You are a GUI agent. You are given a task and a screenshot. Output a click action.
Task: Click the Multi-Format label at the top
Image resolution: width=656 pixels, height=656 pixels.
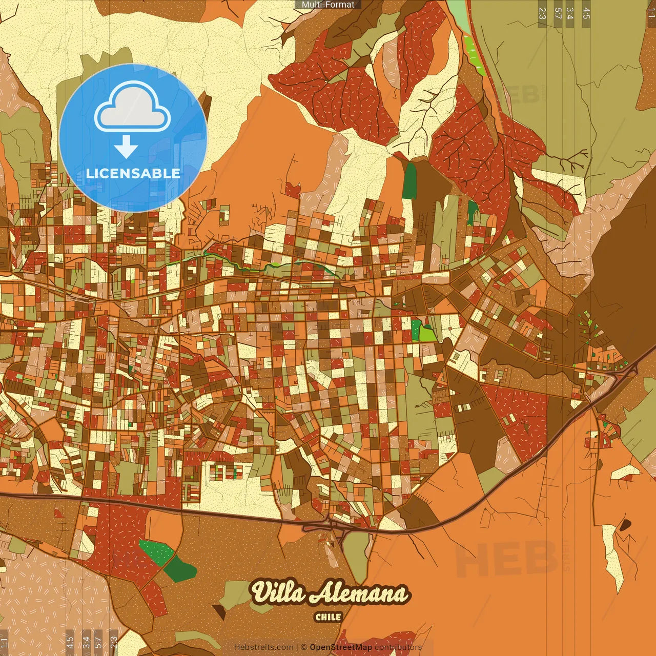[x=328, y=5]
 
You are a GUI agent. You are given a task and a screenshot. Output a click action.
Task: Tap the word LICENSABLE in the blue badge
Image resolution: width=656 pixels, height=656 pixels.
[x=133, y=173]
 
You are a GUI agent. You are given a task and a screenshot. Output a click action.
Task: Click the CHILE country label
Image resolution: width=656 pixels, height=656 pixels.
[x=328, y=617]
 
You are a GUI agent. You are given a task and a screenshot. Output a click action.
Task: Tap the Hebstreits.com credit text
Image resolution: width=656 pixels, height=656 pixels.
[x=263, y=647]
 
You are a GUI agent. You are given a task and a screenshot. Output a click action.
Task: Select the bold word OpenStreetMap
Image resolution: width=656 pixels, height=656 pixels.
[x=340, y=647]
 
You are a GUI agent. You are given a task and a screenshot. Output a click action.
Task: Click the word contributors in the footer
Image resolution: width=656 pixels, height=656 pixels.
[x=398, y=647]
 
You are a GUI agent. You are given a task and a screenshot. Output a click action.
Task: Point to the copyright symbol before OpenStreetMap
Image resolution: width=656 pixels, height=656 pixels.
[x=304, y=647]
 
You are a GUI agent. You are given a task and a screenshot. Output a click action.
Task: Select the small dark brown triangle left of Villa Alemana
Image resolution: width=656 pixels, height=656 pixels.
[x=219, y=611]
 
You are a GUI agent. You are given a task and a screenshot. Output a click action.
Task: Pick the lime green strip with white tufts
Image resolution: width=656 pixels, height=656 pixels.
[x=475, y=55]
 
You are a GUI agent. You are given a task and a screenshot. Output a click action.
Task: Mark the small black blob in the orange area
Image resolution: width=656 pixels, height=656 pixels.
[x=625, y=525]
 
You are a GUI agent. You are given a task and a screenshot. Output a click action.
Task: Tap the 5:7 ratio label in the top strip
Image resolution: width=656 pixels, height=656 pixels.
[x=558, y=13]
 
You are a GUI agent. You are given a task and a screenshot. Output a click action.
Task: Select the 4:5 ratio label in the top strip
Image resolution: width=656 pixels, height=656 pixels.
[x=586, y=13]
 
